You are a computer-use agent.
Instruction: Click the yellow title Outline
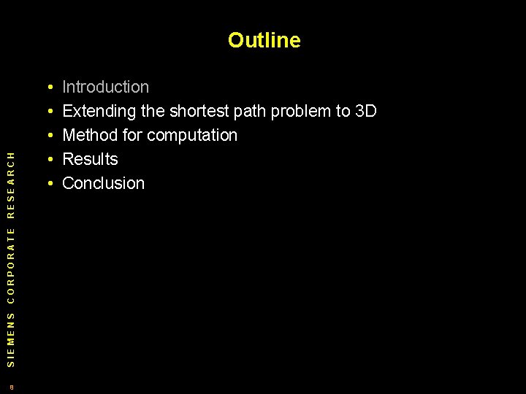pos(264,40)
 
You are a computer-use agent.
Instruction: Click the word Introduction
pos(106,88)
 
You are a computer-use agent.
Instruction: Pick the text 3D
pos(365,112)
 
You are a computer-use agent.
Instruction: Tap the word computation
pos(193,136)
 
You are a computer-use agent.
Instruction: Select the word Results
pos(90,160)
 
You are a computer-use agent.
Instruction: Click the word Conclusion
pos(104,184)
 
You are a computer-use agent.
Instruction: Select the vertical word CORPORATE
pos(10,264)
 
